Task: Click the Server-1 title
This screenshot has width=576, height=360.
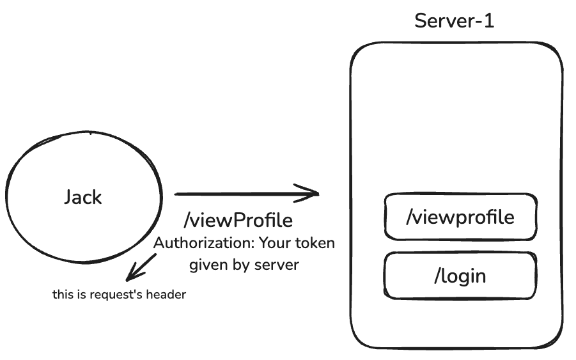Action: [454, 20]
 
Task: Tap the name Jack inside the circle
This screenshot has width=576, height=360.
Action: [82, 197]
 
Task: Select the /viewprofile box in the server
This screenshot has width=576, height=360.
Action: [460, 217]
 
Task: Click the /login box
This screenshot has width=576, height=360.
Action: [460, 276]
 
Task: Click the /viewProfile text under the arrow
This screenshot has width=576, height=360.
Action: [238, 221]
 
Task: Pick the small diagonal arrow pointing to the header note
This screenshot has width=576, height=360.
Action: [141, 267]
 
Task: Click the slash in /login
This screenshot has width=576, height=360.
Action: [438, 276]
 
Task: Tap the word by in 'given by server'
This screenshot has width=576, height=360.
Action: [242, 264]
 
